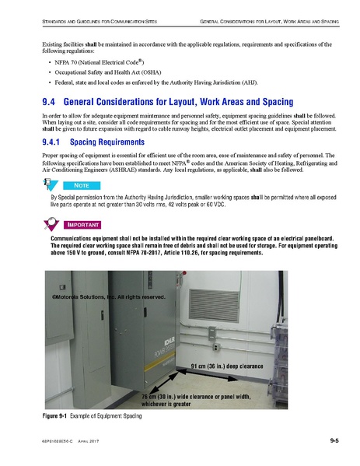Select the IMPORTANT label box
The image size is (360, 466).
85,224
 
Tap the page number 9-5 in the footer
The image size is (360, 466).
333,441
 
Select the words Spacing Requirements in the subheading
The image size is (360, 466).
93,143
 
